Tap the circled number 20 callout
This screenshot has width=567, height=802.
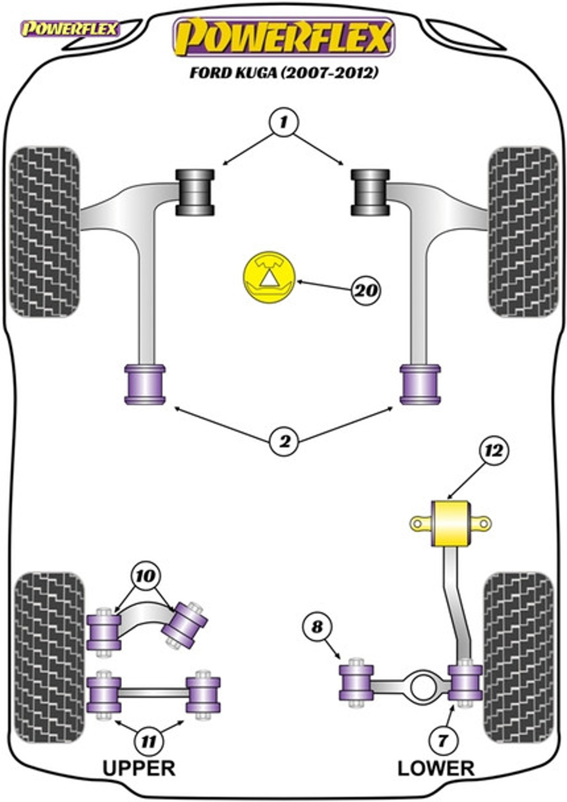pyautogui.click(x=366, y=290)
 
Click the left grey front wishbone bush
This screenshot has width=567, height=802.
pyautogui.click(x=195, y=192)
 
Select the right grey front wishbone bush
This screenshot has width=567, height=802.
pyautogui.click(x=370, y=192)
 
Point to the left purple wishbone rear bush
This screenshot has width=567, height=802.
pyautogui.click(x=145, y=385)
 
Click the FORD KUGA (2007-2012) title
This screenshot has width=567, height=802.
pyautogui.click(x=284, y=73)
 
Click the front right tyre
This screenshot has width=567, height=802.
pyautogui.click(x=523, y=232)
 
